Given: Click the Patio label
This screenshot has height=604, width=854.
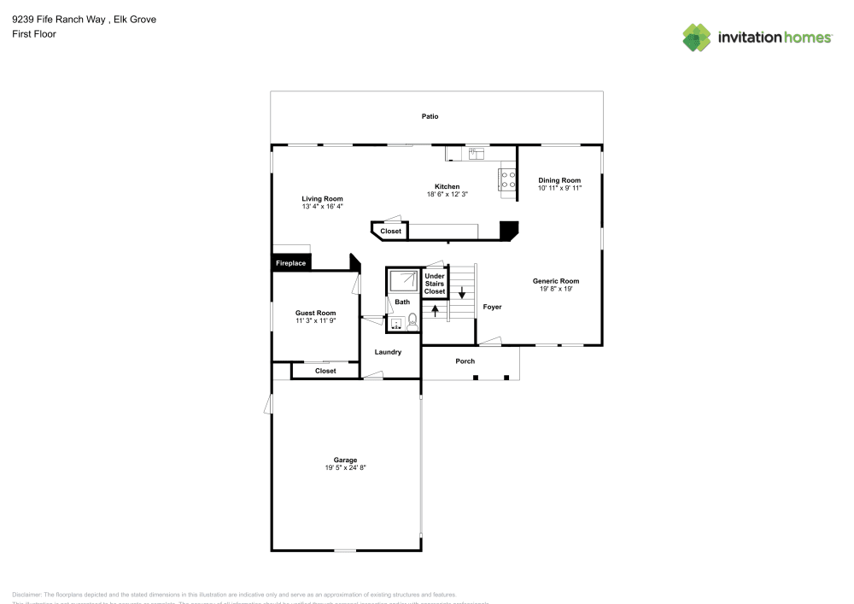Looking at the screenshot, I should pos(430,116).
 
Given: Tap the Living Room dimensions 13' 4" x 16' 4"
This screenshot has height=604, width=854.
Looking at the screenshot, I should pos(322,206).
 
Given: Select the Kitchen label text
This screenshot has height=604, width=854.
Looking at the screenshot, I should pos(447,186).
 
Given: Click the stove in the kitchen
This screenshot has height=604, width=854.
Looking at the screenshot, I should pos(507,179).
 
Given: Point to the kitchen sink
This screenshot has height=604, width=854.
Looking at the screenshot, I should pos(476,153).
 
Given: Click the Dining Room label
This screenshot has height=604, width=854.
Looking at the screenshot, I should pos(559,180).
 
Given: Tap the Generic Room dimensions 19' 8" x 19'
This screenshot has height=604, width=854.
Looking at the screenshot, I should pos(556,289).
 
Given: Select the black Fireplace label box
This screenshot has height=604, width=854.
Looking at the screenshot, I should pos(290,263).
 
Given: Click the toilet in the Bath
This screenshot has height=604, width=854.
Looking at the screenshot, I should pos(412,322).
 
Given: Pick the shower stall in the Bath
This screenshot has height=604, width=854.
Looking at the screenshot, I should pos(403,281).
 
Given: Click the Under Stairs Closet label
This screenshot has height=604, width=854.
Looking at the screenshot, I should pos(435,284).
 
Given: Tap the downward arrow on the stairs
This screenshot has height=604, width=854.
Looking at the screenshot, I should pos(461,291).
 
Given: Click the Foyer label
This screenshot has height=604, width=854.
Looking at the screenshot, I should pos(492,307).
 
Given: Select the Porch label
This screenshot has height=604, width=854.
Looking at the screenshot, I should pos(465,361).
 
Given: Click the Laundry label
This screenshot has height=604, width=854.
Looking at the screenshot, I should pos(388,351).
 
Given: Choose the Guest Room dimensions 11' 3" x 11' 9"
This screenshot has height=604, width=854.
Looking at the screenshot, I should pos(315,320).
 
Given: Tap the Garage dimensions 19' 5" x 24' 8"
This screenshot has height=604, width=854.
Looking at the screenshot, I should pos(345,467).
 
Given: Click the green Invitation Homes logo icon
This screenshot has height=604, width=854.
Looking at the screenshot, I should pos(697,37).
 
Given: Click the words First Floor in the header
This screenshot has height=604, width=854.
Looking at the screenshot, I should pos(34,34).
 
